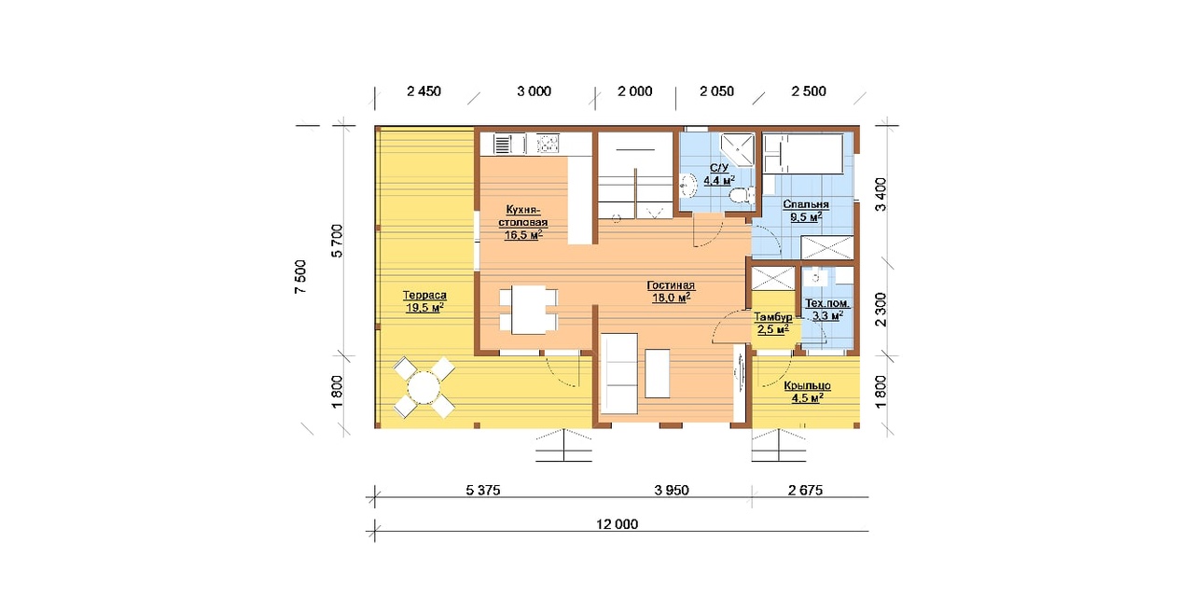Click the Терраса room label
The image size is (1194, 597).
click(424, 301)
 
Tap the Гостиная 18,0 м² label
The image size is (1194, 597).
click(671, 292)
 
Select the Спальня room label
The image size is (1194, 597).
click(806, 211)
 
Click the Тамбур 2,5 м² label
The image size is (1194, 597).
click(773, 323)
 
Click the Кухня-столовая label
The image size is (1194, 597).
click(523, 222)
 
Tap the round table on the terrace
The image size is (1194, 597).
click(423, 387)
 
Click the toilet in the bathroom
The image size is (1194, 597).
click(741, 195)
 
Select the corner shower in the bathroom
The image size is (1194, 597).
click(738, 149)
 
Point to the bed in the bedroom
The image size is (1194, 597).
click(803, 154)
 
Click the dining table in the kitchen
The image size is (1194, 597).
click(529, 311)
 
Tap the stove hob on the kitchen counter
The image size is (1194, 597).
click(548, 144)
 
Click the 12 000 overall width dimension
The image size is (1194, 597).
click(617, 524)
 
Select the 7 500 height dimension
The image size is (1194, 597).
click(300, 277)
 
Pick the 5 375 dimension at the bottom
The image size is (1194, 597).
click(483, 490)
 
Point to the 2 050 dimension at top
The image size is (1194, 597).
click(716, 91)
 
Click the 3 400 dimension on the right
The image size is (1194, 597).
click(882, 195)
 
